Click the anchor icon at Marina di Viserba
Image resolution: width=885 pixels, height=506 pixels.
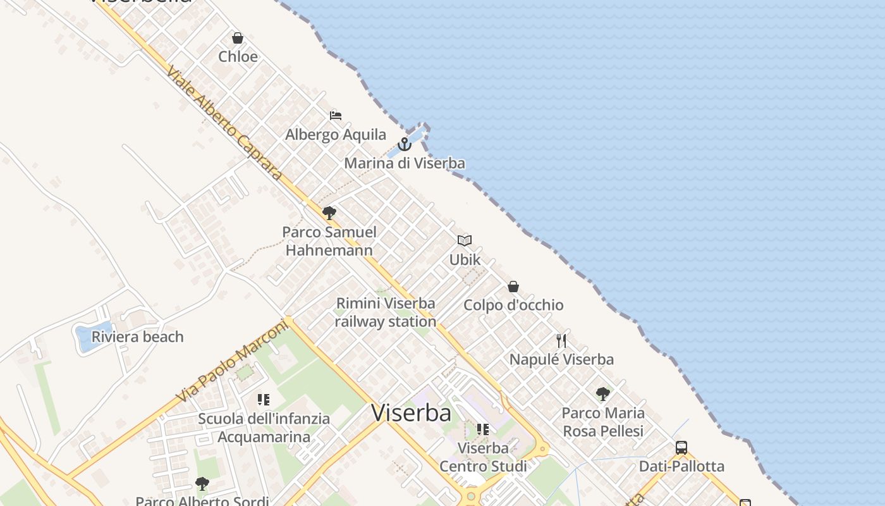405,144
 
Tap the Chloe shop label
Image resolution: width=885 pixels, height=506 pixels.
238,57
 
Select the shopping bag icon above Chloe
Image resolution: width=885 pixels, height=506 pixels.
238,38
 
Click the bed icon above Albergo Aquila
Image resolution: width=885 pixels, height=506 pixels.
336,116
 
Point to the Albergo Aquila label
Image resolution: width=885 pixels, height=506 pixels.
336,135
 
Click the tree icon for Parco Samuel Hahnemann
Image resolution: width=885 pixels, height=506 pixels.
329,213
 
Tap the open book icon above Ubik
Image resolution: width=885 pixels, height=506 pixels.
465,240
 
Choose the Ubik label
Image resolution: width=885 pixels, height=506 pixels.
465,260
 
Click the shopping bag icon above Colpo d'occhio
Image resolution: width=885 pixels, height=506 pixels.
513,287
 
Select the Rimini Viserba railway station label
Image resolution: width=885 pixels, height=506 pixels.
386,312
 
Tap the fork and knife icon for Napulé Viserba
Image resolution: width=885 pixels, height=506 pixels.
561,341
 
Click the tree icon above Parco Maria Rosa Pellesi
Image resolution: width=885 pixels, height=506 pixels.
603,394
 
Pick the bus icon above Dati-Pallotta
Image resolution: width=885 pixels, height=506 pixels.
681,448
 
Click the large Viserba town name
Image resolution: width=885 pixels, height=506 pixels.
412,413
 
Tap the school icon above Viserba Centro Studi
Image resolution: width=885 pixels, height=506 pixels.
483,429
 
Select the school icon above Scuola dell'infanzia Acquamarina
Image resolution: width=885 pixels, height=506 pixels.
264,400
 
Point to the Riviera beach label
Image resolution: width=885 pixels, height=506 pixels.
138,337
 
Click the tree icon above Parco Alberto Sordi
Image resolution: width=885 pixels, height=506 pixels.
202,484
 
